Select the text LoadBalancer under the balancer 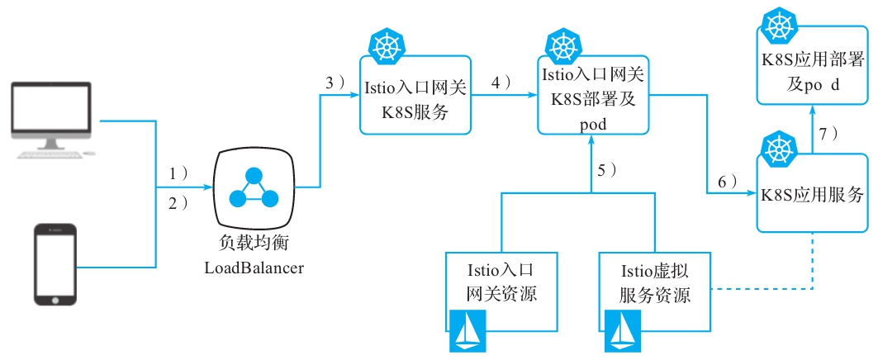(254, 268)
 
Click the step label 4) (501, 83)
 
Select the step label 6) (728, 183)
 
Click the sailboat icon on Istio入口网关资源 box (469, 331)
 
